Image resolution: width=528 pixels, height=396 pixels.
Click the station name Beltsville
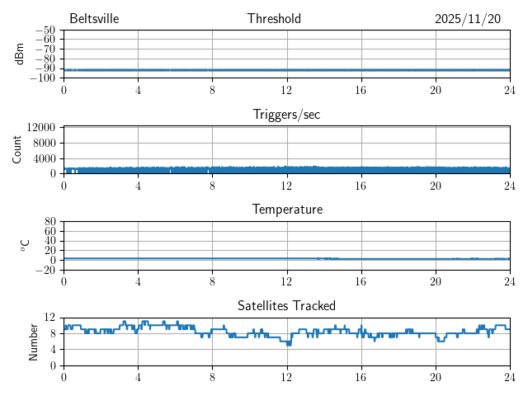coord(95,19)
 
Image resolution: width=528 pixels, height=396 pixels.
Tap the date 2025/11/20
coord(468,19)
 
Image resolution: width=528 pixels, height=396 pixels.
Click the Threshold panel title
coord(274,19)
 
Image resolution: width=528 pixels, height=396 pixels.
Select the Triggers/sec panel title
coord(286,115)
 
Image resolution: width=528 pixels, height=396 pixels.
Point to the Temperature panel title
coord(286,210)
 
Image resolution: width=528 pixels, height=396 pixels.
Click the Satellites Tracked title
coord(286,306)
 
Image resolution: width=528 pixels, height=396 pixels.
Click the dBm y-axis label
coord(19,54)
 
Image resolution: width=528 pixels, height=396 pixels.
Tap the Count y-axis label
coord(17,150)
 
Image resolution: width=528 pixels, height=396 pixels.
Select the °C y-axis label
coord(25,246)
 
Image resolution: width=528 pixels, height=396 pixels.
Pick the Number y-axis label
coord(33,342)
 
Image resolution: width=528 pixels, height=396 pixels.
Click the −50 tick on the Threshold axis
coord(45,31)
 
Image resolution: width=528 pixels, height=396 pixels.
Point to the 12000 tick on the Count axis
coord(41,128)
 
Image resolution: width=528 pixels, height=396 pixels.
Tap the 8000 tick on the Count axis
coord(45,143)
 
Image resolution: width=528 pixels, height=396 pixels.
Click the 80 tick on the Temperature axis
coord(50,222)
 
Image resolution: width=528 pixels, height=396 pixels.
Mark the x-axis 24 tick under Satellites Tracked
coord(510,376)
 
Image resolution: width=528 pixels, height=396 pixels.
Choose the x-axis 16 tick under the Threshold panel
coord(361,89)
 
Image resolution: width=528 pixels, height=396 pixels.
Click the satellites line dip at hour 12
coord(289,343)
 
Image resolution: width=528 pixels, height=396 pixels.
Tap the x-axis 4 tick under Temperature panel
coord(138,280)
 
